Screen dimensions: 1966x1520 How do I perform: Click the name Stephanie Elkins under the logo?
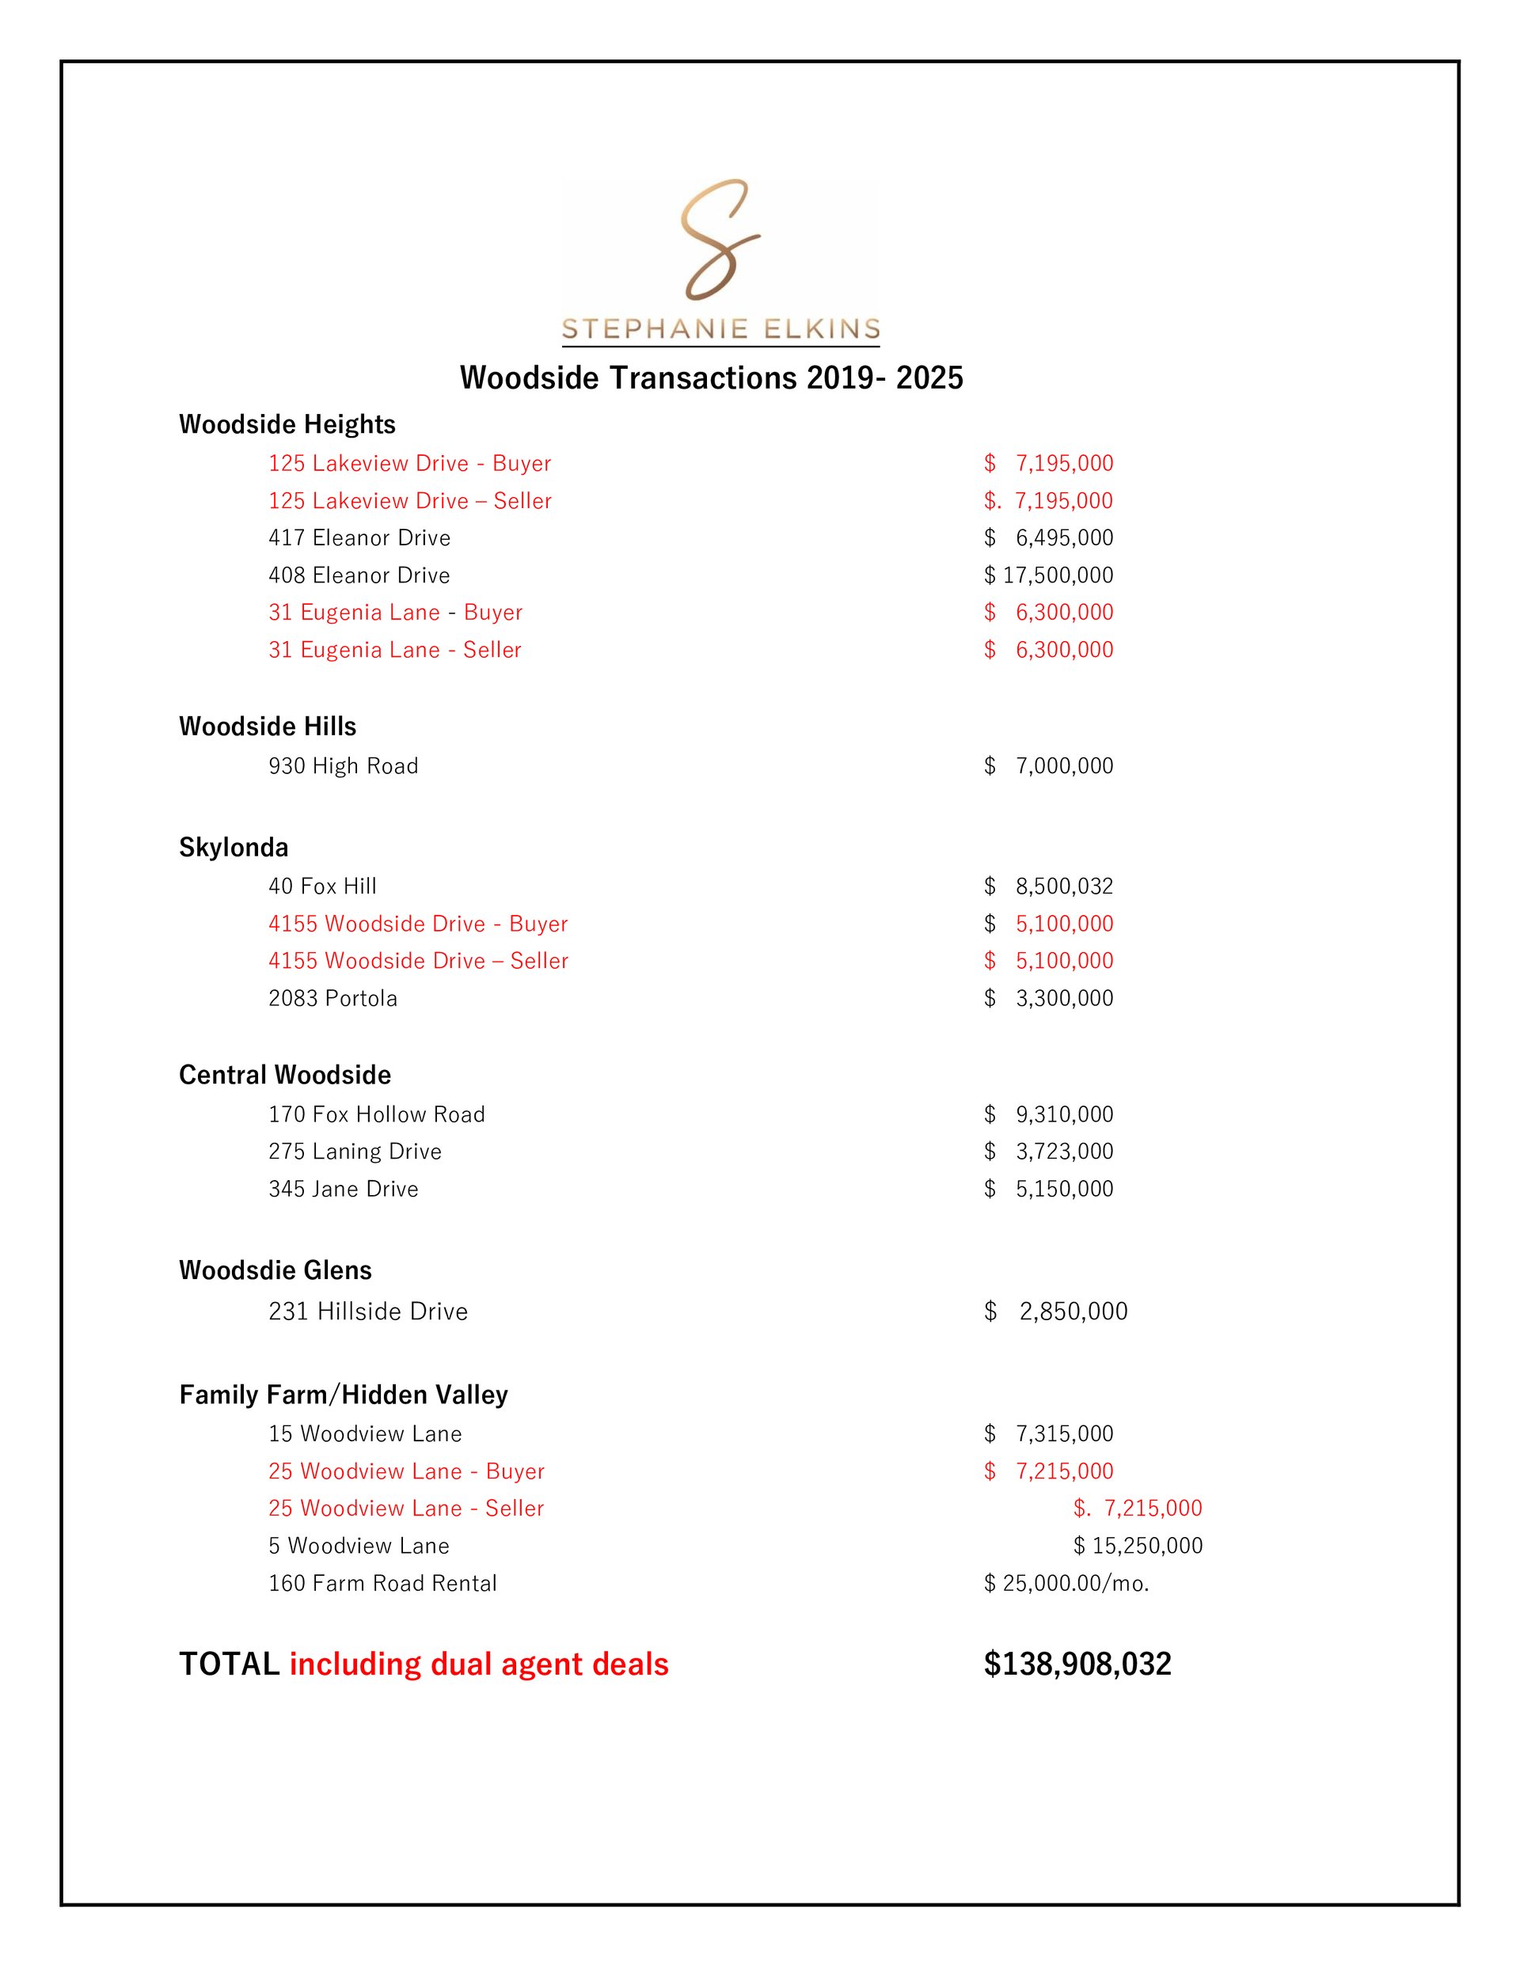[x=720, y=328]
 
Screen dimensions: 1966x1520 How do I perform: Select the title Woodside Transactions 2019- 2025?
[x=712, y=378]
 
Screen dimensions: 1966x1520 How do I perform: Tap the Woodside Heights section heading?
[x=287, y=424]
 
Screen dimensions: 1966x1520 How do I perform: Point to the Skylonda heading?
[x=234, y=847]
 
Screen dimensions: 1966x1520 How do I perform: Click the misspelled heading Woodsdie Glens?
[x=275, y=1270]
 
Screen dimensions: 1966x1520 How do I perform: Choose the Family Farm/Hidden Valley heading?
[x=343, y=1395]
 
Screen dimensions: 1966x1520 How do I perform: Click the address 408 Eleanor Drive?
[x=359, y=575]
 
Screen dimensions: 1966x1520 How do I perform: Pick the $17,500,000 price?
[x=1048, y=575]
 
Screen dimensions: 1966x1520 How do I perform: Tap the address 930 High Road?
[x=343, y=766]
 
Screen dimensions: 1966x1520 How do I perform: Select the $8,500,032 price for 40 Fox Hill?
[x=1048, y=886]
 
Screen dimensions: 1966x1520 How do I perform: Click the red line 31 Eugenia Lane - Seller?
[x=394, y=650]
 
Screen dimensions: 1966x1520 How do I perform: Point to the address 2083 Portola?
[x=332, y=998]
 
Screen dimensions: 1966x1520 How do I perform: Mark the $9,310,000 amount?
[x=1048, y=1114]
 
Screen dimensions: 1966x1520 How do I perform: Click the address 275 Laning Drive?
[x=355, y=1152]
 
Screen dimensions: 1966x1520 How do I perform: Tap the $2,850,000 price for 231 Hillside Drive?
[x=1055, y=1311]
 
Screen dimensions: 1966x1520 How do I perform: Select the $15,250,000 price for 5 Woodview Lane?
[x=1138, y=1546]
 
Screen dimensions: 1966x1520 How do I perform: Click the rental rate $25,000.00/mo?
[x=1066, y=1584]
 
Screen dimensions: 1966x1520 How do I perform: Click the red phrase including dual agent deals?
[x=478, y=1664]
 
